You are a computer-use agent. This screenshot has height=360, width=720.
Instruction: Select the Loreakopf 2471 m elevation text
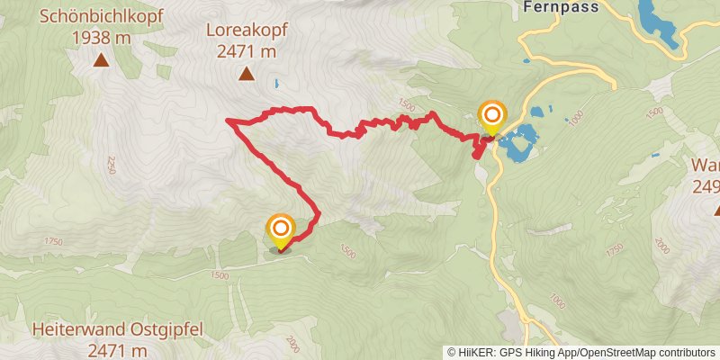(x=245, y=52)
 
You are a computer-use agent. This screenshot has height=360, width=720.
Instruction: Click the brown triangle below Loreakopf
(x=245, y=76)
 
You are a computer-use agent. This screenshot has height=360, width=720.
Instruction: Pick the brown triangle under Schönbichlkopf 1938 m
(x=101, y=61)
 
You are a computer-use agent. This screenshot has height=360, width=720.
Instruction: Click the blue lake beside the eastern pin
(x=520, y=143)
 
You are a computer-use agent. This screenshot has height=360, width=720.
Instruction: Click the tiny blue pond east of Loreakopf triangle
(x=276, y=85)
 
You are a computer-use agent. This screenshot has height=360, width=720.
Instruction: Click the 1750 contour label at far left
(x=53, y=241)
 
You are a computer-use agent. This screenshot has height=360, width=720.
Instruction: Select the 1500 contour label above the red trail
(x=406, y=105)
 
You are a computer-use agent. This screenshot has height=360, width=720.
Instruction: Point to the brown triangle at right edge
(x=717, y=210)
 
